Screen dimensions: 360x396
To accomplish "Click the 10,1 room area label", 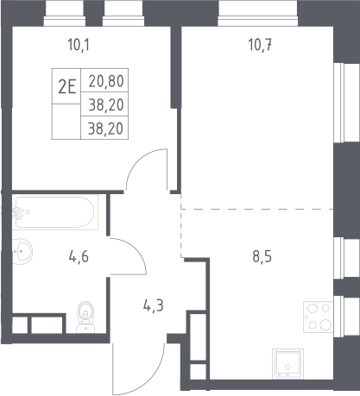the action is [79, 45].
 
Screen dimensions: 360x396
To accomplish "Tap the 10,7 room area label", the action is [260, 45].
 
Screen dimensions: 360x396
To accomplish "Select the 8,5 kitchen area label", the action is [262, 256].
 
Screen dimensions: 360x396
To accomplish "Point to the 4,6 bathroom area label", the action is [79, 256].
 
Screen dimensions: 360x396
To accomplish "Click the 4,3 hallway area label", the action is [154, 305].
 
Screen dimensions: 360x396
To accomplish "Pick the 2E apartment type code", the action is [67, 86].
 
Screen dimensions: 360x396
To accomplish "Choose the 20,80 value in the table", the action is [106, 81].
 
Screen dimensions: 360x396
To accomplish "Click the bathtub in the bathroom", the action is [54, 212].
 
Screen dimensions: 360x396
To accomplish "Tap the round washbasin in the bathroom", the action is [22, 252].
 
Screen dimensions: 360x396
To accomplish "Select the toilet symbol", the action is [85, 317].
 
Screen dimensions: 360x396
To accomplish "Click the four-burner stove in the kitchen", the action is [319, 317].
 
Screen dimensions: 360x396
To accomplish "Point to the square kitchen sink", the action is [287, 363].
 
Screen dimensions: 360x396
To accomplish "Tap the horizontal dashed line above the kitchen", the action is [257, 209].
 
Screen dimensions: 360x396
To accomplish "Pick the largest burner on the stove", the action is [325, 325].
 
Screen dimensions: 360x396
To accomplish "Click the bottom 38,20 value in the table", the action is [105, 129].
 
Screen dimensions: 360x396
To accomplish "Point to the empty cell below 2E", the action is [66, 122].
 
